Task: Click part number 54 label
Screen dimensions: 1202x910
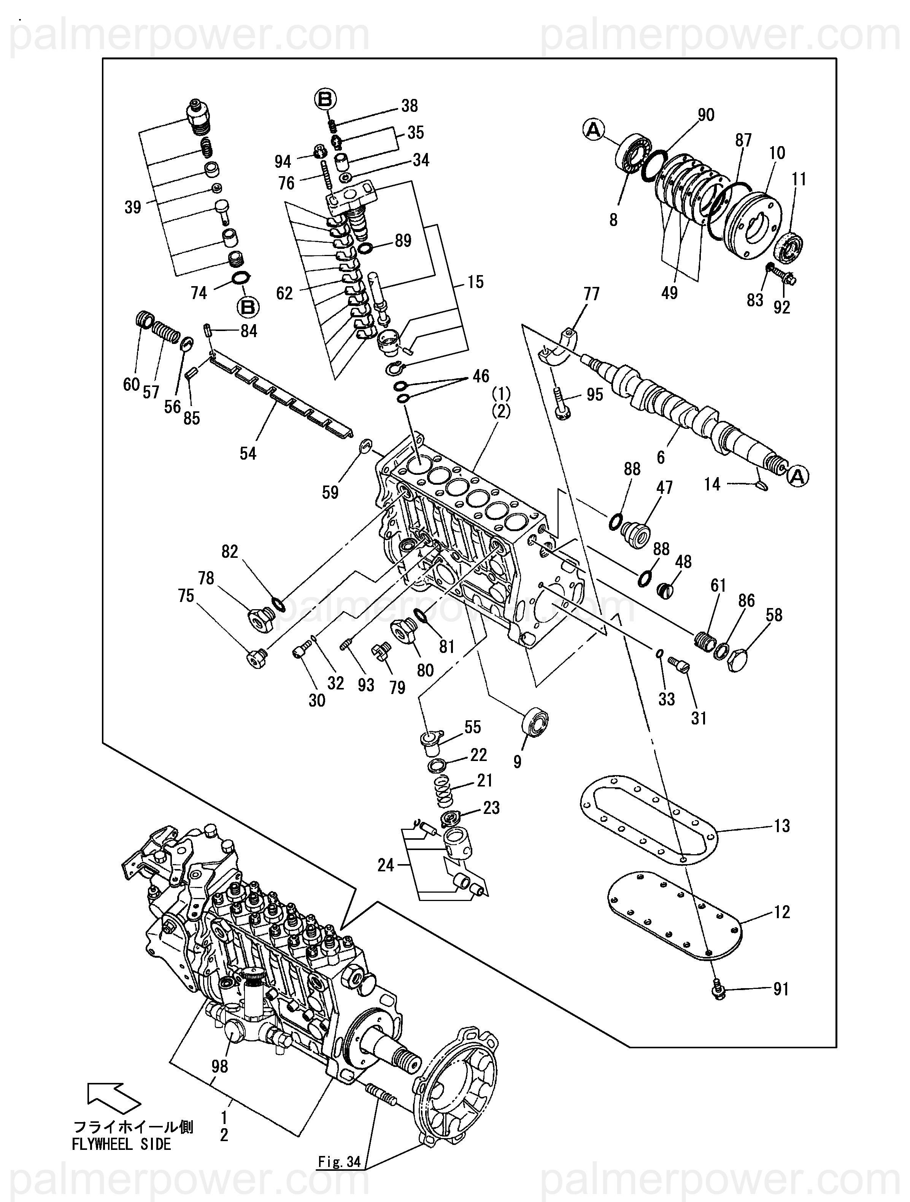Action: coord(248,453)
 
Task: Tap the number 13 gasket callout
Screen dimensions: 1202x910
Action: coord(782,826)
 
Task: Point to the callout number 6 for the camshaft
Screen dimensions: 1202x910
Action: coord(661,457)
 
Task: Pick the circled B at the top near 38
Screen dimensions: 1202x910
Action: coord(325,99)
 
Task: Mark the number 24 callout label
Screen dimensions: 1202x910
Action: coord(386,865)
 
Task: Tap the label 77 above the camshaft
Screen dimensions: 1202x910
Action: coord(591,294)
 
